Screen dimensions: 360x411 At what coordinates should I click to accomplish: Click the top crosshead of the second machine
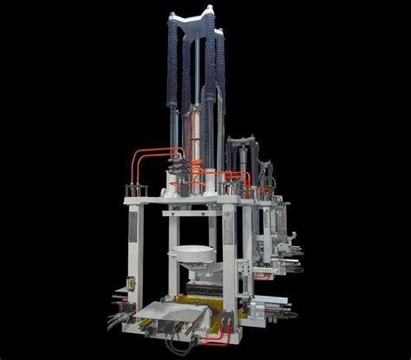coord(242,141)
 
